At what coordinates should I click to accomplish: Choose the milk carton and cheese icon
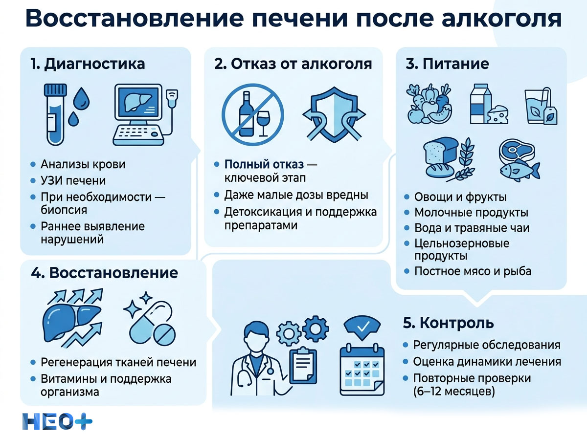pos(488,104)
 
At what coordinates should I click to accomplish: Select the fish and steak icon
pos(519,159)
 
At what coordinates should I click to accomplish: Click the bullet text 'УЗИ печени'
pos(73,180)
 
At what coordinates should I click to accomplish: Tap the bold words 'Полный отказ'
pos(264,164)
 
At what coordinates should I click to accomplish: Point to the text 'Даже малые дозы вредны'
pos(296,195)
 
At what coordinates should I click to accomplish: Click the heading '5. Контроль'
pos(449,323)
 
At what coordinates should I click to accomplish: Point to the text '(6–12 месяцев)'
pos(454,391)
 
